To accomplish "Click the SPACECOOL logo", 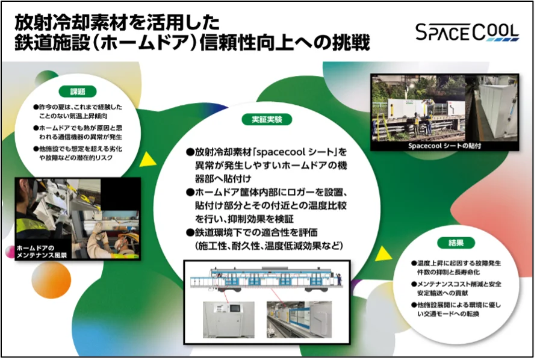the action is tap(467, 32).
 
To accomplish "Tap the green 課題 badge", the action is tap(78, 92).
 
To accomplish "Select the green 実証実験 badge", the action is tap(267, 119).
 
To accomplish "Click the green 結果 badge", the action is tap(456, 243).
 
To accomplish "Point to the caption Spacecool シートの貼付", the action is tap(444, 146).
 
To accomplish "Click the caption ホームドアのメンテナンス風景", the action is tap(42, 252).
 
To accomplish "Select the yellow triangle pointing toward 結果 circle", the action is tap(382, 254).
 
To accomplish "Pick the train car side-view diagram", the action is tap(267, 279).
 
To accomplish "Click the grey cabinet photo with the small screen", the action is tap(228, 319).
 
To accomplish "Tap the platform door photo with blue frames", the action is tap(299, 319).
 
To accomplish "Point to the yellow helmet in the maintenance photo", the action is tap(129, 237).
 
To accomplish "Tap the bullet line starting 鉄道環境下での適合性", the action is tap(252, 232).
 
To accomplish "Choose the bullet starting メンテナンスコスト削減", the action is tap(456, 288).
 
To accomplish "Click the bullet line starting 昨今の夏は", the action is tap(78, 111).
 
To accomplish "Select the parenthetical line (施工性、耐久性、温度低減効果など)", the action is tap(269, 246).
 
